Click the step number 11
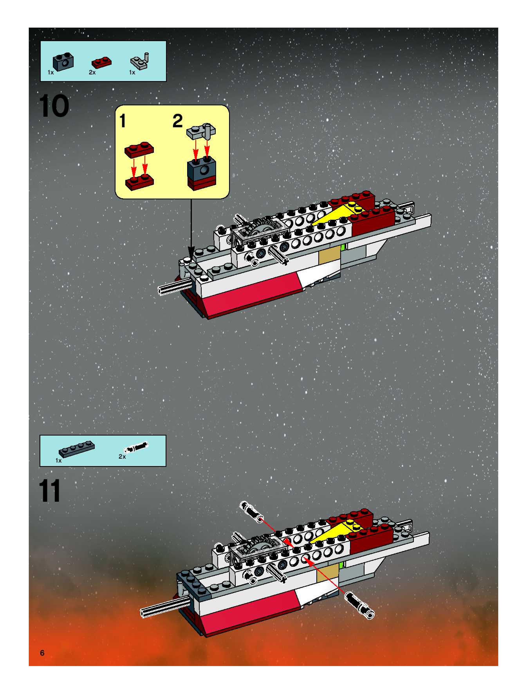pyautogui.click(x=50, y=491)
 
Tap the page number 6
pyautogui.click(x=42, y=653)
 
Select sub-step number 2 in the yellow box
pyautogui.click(x=177, y=121)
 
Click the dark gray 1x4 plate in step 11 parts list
pyautogui.click(x=77, y=449)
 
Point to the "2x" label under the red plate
pyautogui.click(x=92, y=72)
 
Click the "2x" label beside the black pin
pyautogui.click(x=122, y=456)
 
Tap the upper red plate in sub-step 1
pyautogui.click(x=139, y=149)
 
